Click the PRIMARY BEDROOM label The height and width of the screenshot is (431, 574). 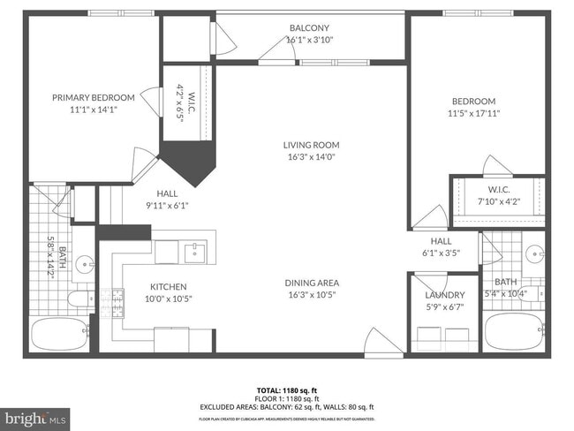93,97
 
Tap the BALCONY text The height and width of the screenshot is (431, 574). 309,27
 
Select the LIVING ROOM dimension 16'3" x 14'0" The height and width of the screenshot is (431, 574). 311,156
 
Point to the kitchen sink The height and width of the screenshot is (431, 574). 195,253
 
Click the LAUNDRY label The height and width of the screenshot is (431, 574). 444,295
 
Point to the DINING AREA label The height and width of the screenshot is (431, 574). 311,283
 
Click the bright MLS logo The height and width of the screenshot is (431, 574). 35,416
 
